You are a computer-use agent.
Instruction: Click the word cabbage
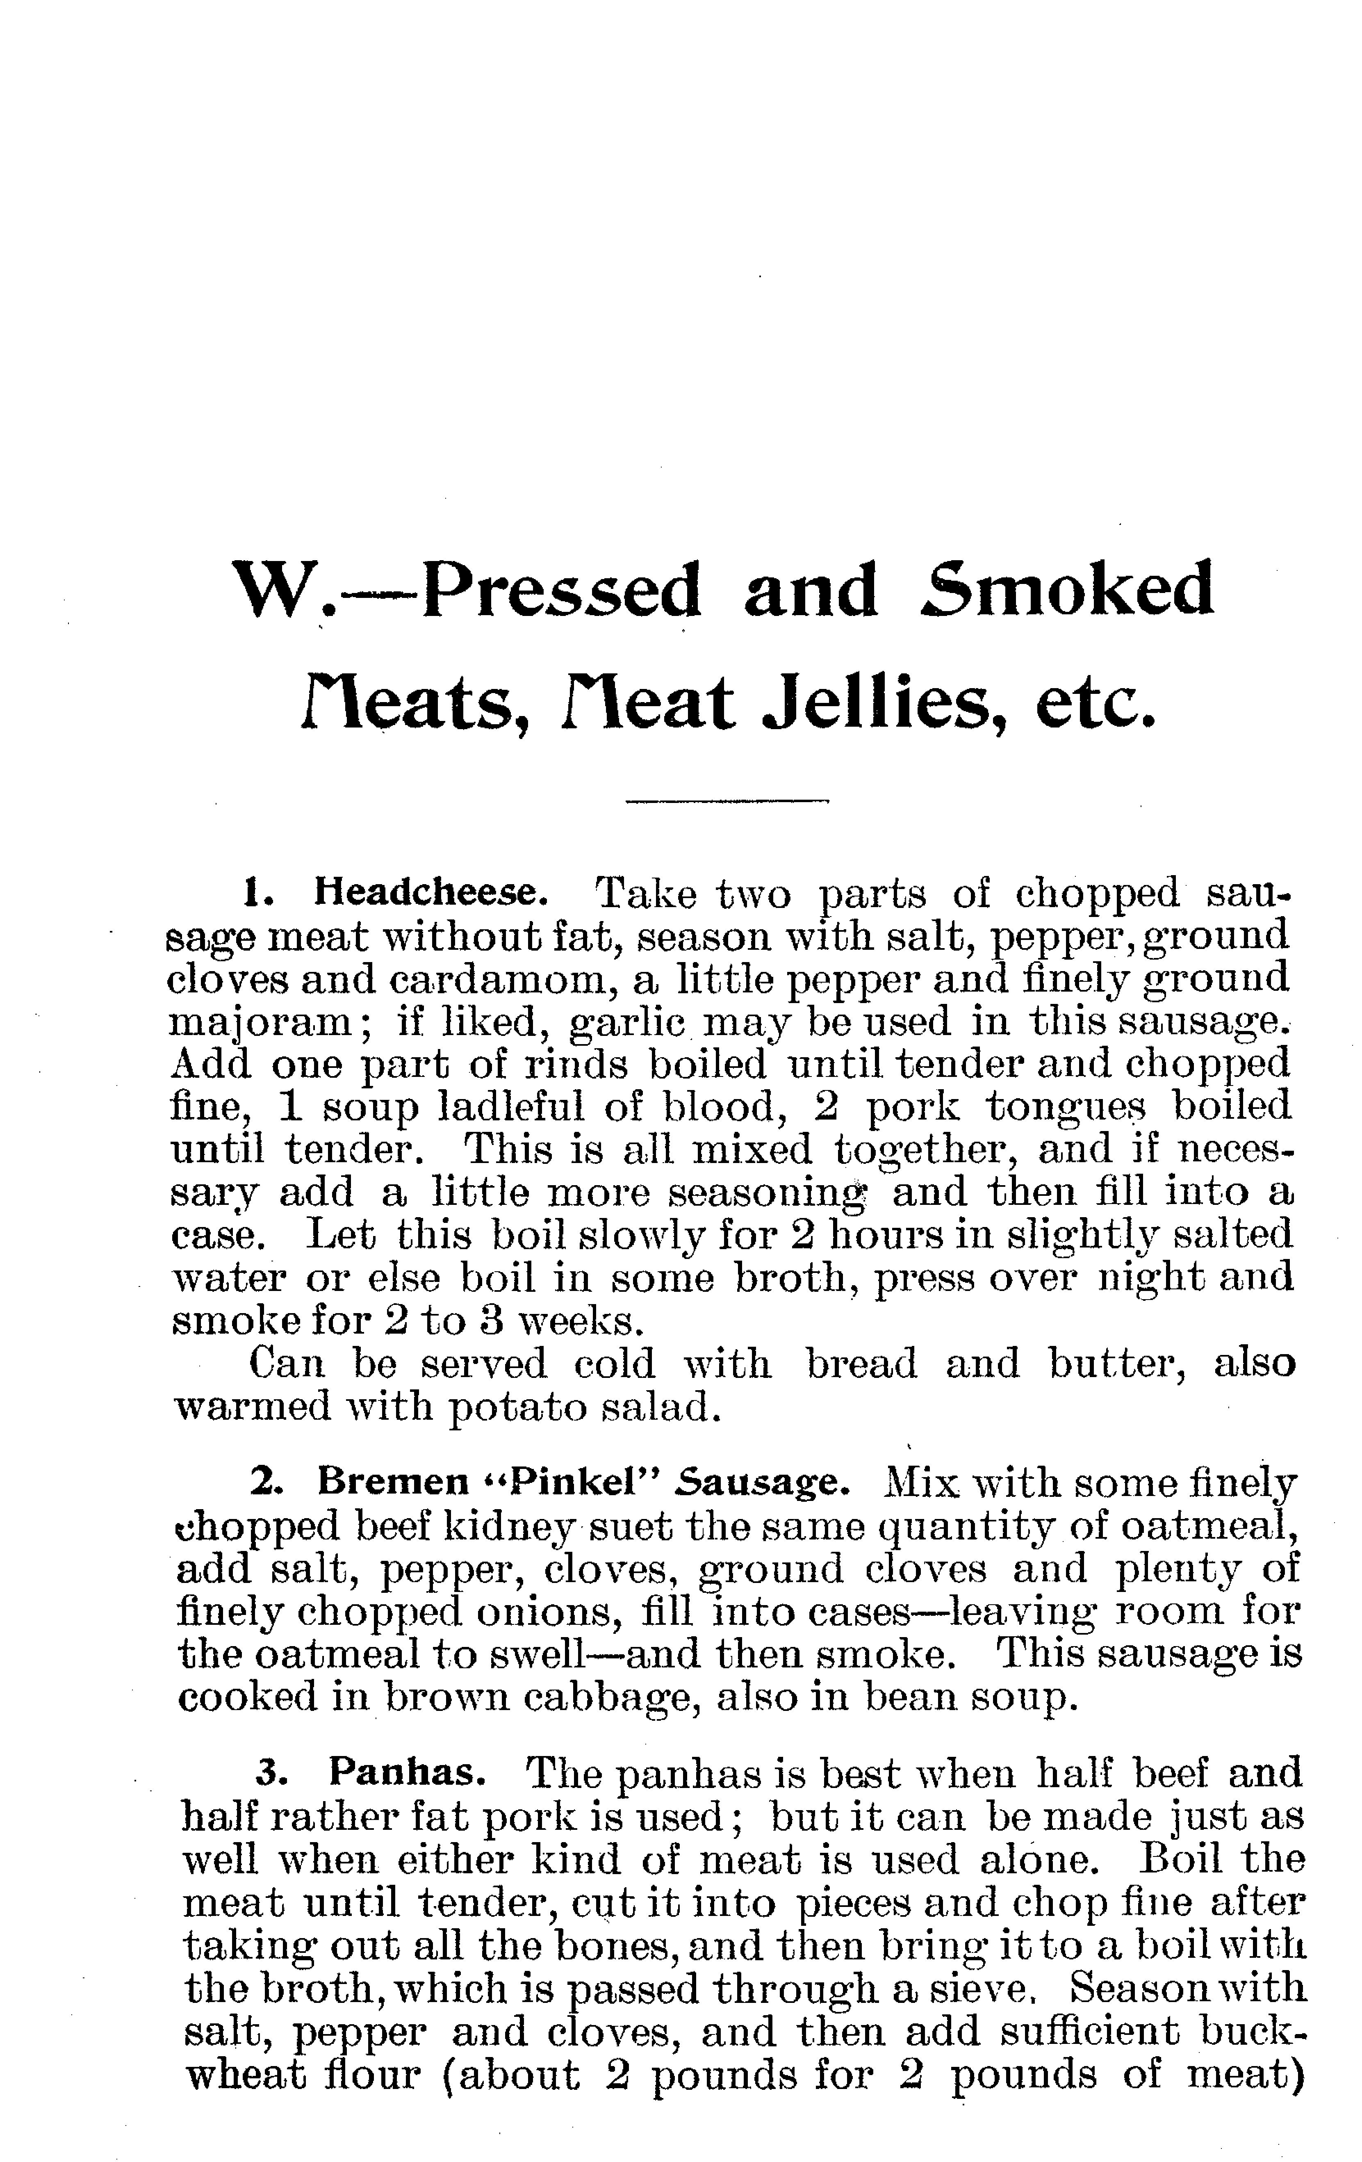[610, 1698]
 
